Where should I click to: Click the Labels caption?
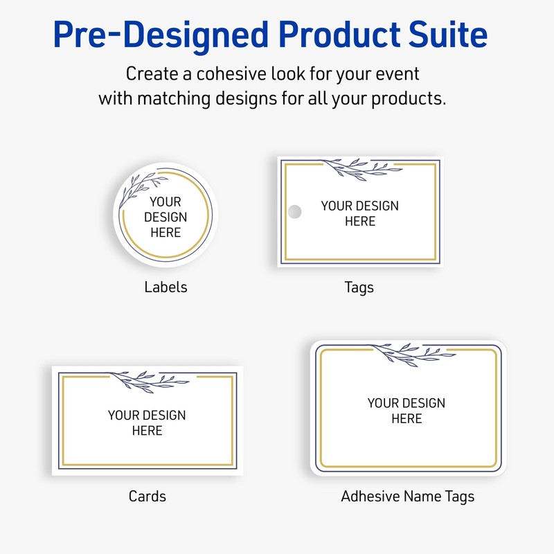166,287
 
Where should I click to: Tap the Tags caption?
359,287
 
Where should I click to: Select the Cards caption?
147,496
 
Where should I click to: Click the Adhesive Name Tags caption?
407,496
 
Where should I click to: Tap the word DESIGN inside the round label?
166,217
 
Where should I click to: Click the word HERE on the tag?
360,222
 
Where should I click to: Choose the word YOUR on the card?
123,415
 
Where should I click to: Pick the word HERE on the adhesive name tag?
406,419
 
